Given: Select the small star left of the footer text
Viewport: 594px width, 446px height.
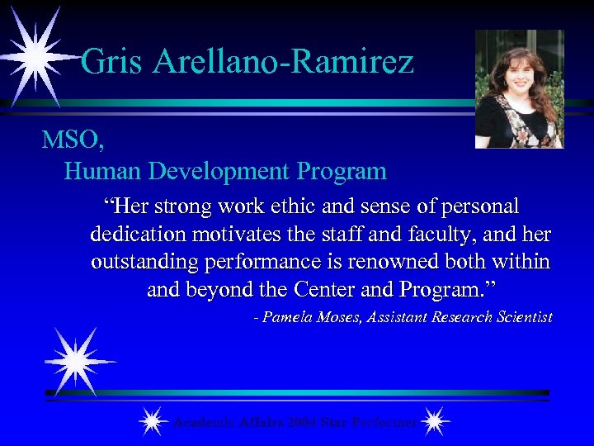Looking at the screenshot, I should point(151,422).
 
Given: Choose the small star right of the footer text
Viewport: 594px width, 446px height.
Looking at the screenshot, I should point(434,422).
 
